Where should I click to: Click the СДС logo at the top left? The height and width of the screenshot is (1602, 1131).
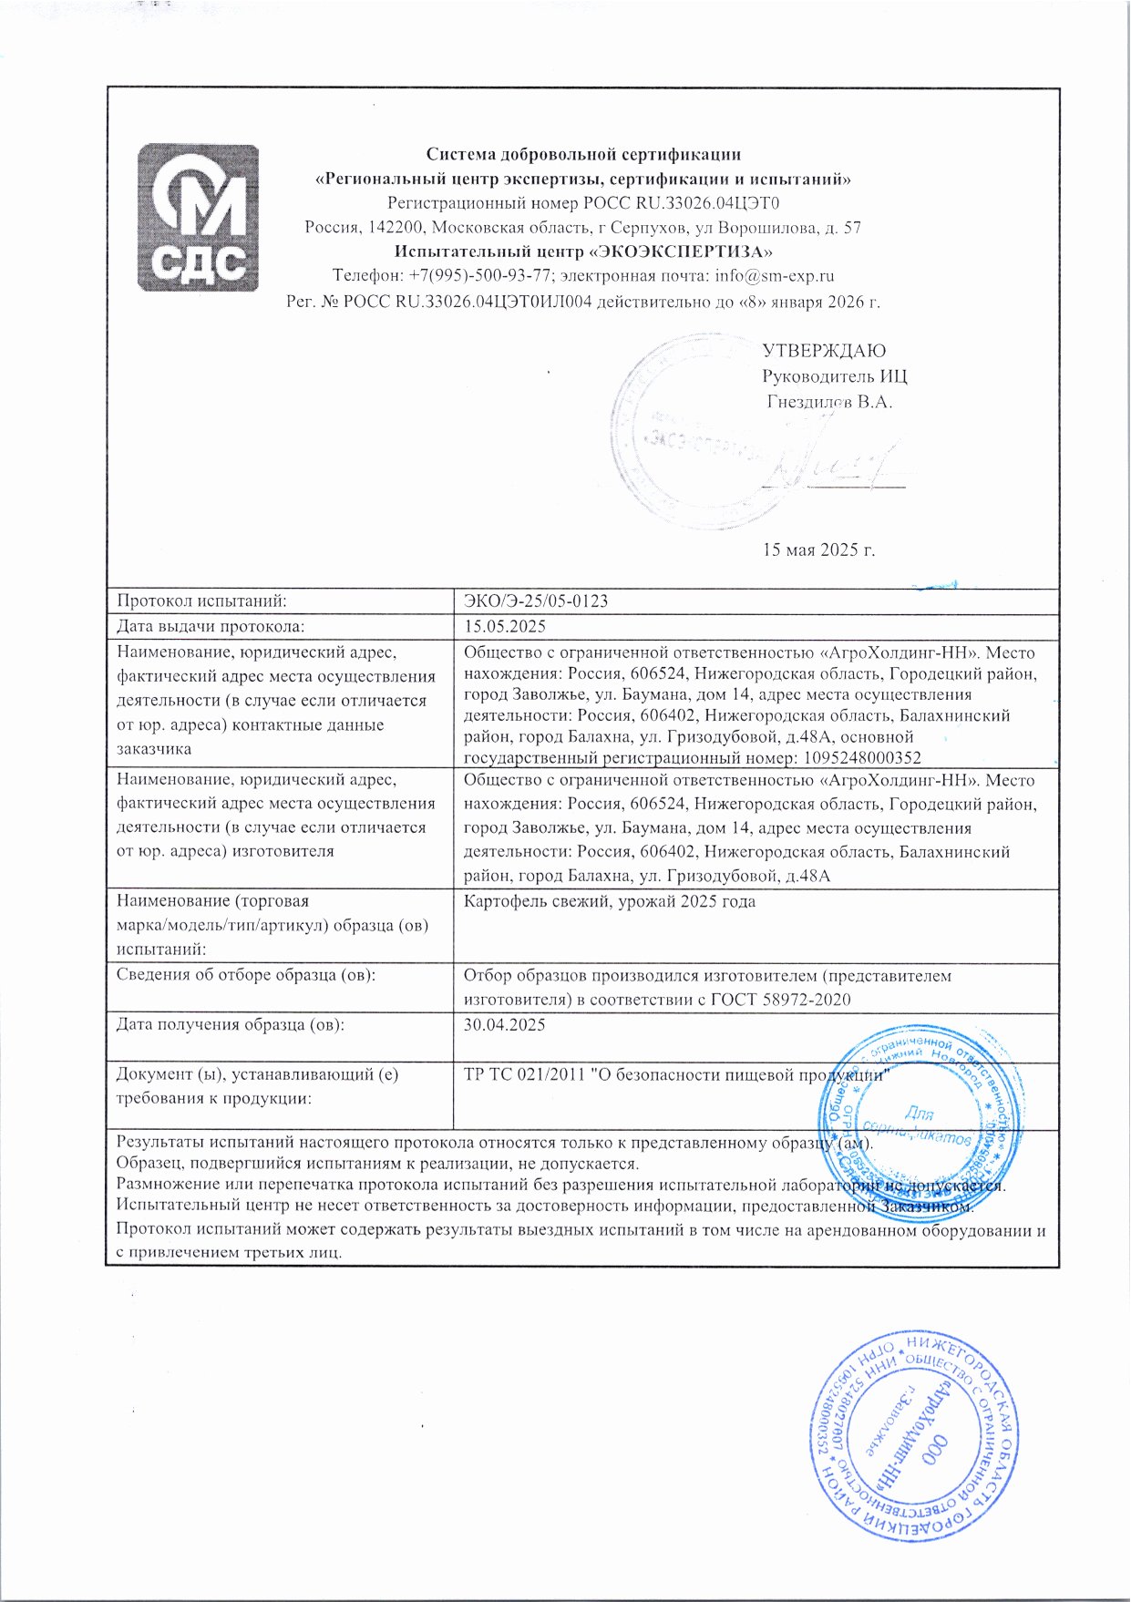[197, 217]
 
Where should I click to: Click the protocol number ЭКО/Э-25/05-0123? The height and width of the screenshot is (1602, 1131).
[536, 601]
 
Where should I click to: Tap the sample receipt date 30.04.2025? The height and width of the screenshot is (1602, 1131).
[505, 1025]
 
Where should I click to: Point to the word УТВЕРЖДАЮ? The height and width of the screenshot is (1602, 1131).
[823, 351]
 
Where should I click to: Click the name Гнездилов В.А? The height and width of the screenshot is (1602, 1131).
[829, 402]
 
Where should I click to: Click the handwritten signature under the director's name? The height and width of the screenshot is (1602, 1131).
[834, 460]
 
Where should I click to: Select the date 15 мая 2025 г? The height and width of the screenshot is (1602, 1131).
[818, 549]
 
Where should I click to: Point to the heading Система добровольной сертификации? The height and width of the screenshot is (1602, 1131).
[583, 154]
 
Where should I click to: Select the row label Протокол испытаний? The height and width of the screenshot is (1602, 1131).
[202, 601]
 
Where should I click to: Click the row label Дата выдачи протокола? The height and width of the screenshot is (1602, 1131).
[211, 627]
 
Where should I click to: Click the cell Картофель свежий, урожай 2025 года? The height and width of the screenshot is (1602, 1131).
[610, 902]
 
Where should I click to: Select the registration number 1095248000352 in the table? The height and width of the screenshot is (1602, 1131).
[860, 758]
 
